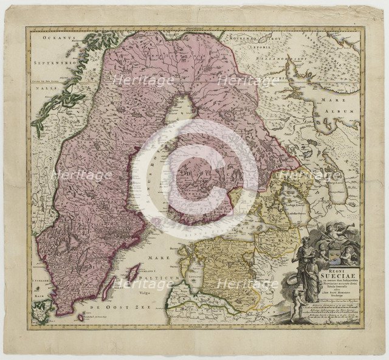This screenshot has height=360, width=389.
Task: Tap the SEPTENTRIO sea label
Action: [x=48, y=63]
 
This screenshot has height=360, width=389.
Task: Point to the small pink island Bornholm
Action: [x=81, y=317]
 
